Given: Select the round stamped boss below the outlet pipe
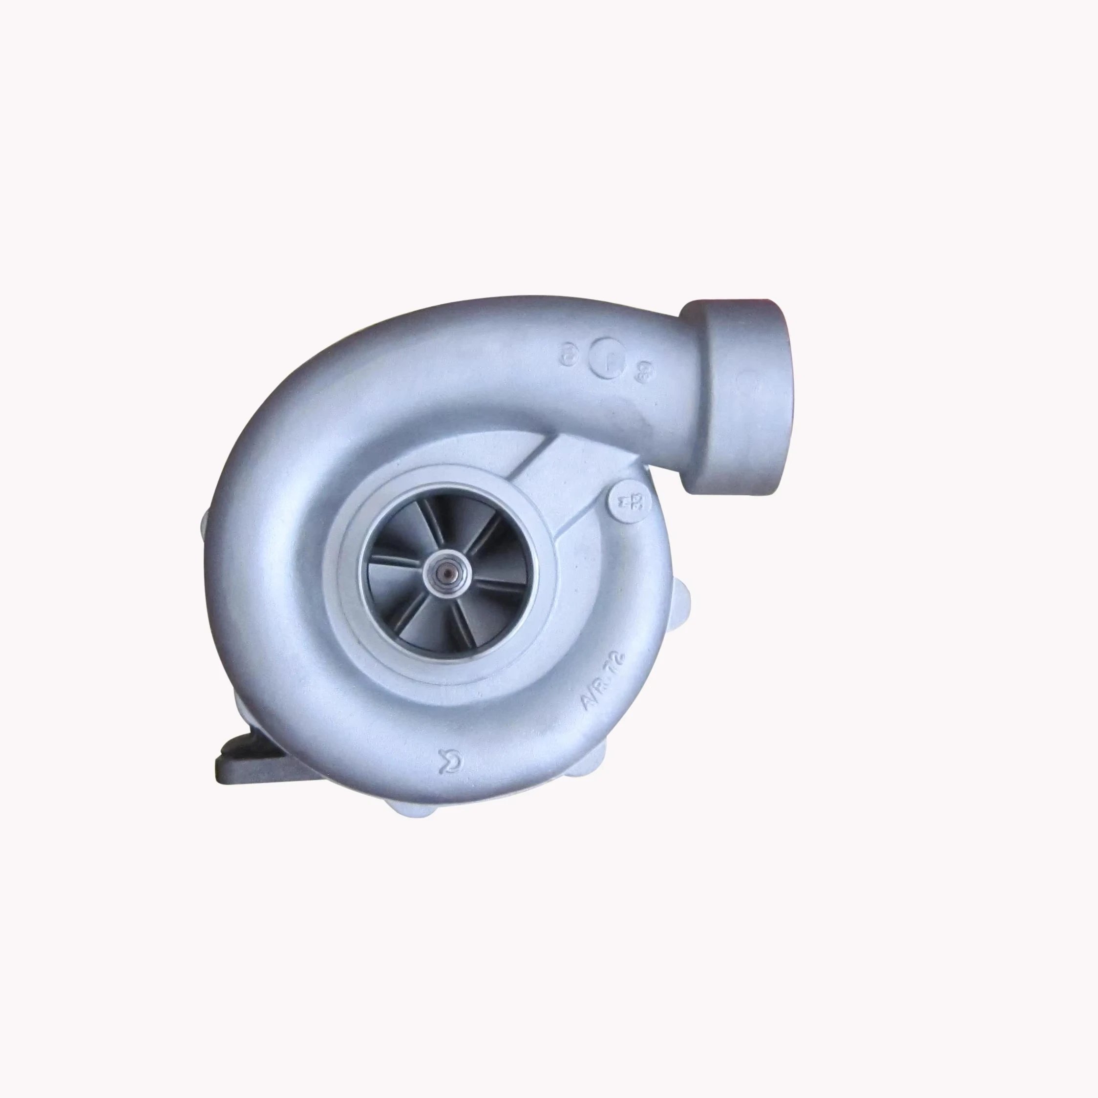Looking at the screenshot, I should pyautogui.click(x=628, y=500).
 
